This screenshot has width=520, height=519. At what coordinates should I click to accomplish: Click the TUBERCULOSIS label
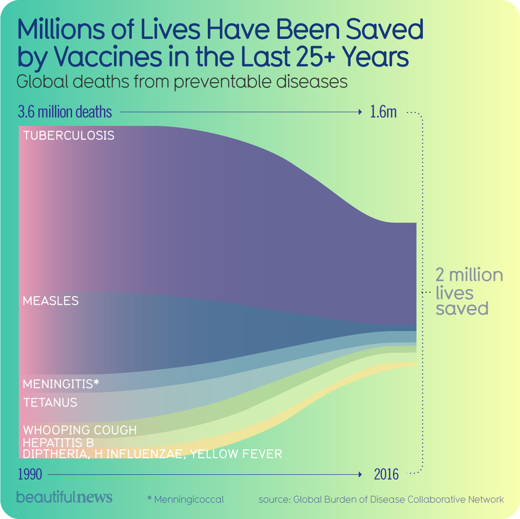click(x=68, y=136)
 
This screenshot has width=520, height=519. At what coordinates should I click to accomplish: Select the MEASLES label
click(x=50, y=301)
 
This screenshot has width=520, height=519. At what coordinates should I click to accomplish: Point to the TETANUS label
click(x=50, y=402)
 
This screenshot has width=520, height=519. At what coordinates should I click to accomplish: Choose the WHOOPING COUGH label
click(x=80, y=430)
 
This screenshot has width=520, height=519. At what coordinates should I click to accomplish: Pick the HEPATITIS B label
click(x=58, y=442)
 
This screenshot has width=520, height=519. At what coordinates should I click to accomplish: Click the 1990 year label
click(x=29, y=475)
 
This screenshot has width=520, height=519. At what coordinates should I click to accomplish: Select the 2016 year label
click(x=386, y=475)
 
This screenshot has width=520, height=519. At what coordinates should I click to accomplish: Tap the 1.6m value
click(x=383, y=111)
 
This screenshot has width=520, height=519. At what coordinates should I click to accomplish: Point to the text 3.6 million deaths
click(x=65, y=111)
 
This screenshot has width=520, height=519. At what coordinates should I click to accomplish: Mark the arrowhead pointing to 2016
click(x=359, y=475)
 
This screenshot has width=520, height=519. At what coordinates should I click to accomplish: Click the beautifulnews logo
click(x=64, y=497)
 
